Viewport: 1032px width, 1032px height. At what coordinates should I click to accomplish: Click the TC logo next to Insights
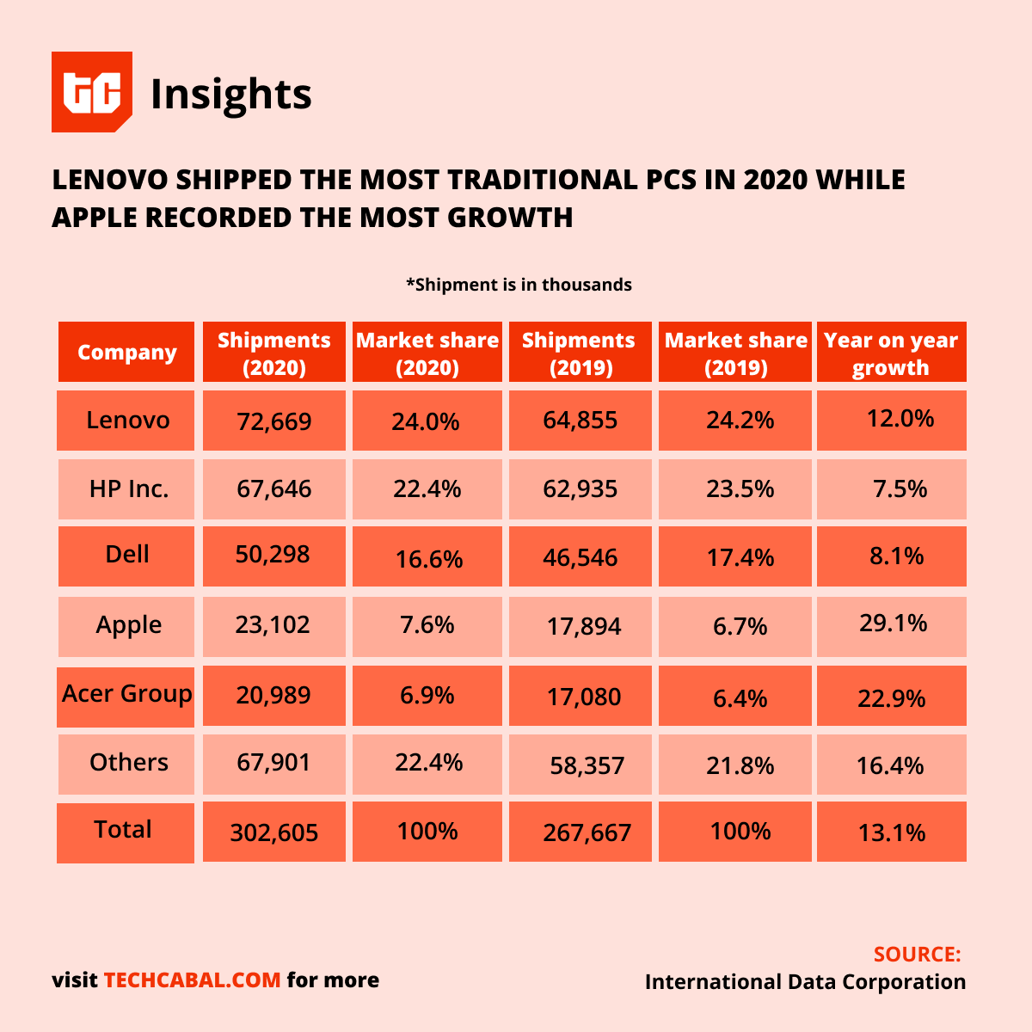92,92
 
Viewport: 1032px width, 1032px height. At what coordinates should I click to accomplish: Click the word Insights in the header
230,94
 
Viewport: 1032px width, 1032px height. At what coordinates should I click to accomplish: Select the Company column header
126,353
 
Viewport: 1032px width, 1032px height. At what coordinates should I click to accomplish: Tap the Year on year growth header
891,353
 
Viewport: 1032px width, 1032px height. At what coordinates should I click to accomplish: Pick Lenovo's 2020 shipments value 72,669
274,421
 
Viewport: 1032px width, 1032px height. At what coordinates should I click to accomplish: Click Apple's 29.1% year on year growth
893,623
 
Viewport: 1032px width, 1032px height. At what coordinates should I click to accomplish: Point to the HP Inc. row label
129,489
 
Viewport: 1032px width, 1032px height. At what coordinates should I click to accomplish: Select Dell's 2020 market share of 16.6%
428,559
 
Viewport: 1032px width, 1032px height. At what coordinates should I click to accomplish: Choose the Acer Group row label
126,694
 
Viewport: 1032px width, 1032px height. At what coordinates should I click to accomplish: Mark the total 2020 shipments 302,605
274,832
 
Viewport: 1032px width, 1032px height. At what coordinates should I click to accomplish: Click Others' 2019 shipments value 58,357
587,765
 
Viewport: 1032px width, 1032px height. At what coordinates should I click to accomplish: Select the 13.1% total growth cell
892,832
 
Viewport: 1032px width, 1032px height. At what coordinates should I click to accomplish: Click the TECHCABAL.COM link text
193,980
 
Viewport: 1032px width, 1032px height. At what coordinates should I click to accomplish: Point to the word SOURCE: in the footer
917,955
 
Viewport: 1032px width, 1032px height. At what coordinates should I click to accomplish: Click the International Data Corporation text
805,982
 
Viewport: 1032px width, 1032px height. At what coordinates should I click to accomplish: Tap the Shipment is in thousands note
519,285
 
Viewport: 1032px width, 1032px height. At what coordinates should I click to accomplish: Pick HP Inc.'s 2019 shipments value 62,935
580,489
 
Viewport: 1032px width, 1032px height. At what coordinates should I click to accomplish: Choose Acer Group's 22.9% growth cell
892,697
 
